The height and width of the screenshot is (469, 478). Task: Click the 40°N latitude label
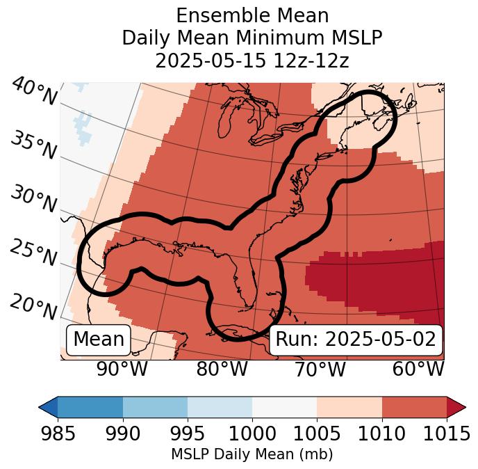[33, 92]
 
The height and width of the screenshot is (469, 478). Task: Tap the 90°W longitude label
[122, 369]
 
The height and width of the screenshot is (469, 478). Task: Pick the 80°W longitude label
[222, 369]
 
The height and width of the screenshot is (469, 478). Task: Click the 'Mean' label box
[99, 340]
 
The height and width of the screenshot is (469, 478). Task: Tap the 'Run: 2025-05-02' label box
[356, 340]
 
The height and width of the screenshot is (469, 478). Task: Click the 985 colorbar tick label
[58, 434]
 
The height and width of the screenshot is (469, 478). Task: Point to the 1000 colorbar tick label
[252, 434]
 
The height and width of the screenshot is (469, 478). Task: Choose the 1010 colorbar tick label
[381, 434]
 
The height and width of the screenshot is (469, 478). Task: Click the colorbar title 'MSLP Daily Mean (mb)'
[252, 455]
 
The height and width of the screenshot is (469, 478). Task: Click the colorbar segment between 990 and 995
[155, 407]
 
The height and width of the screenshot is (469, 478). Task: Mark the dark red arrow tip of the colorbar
[457, 407]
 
